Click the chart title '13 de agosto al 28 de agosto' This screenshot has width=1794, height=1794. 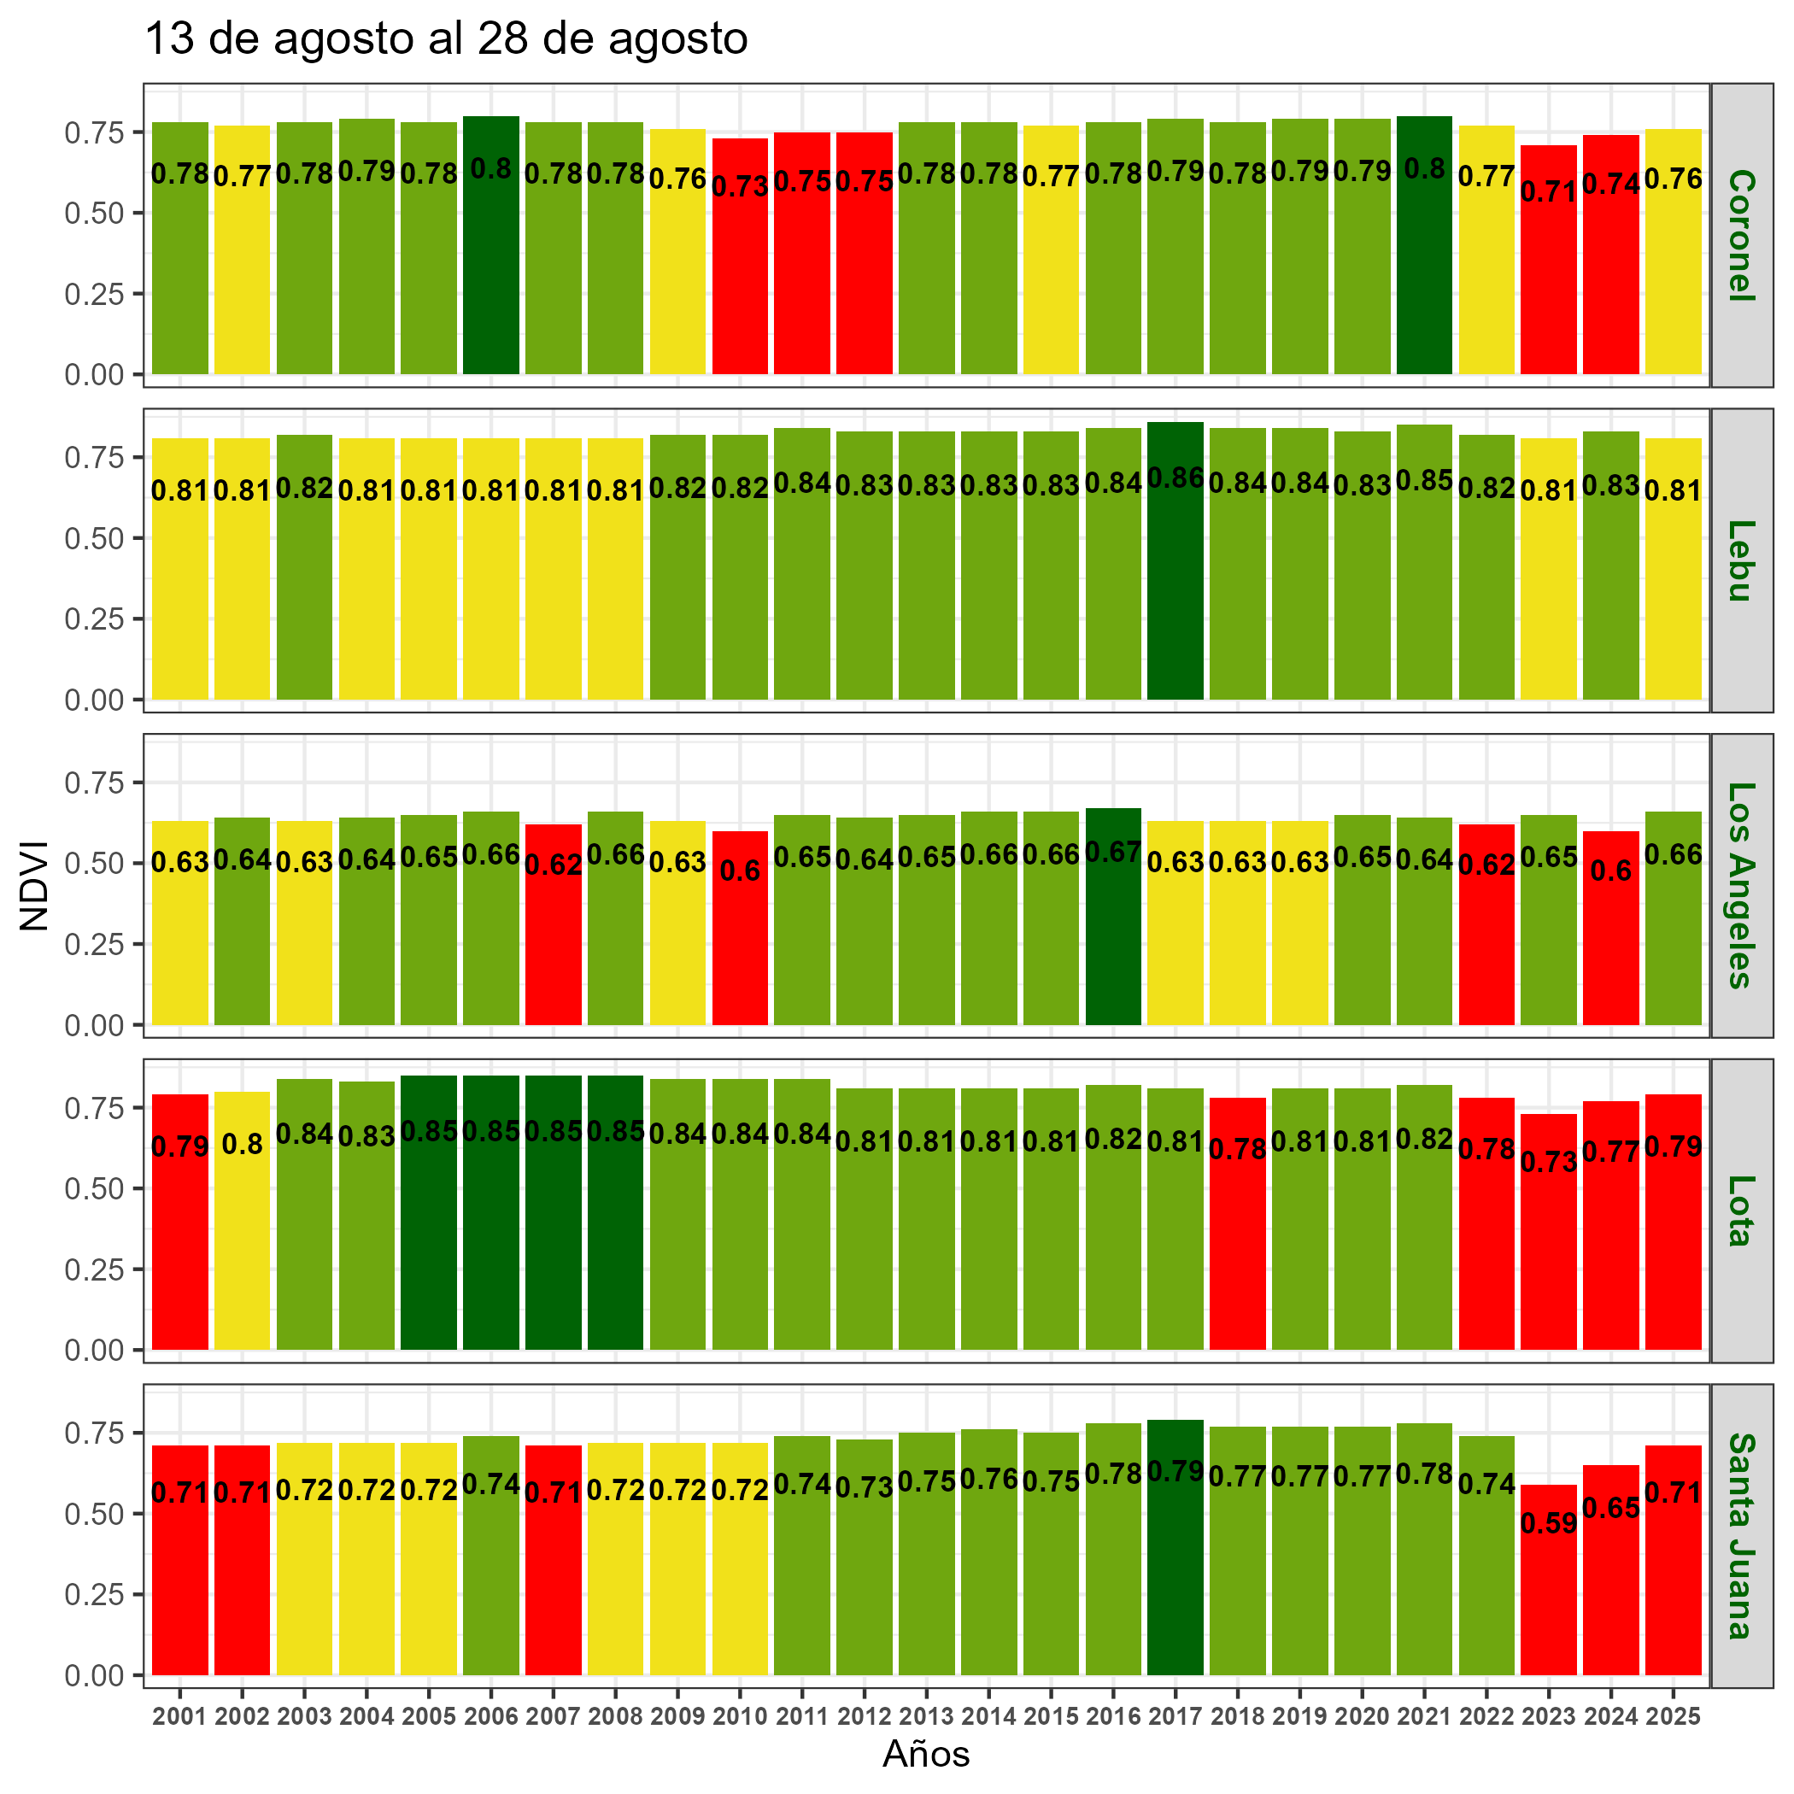coord(446,40)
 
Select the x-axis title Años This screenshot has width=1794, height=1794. coord(926,1753)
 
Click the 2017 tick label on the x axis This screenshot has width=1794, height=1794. coord(1175,1717)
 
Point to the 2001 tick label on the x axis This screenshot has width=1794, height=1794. coord(179,1717)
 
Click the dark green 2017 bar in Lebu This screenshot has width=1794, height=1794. coord(1175,595)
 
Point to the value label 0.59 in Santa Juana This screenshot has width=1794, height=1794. coord(1548,1524)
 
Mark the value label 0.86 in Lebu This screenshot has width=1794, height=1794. coord(1175,478)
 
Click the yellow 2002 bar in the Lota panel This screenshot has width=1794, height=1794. coord(242,1245)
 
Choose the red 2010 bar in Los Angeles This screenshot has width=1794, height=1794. coord(739,947)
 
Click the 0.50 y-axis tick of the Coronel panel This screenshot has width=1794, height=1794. coord(94,213)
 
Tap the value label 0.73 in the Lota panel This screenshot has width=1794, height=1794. coord(1548,1162)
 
